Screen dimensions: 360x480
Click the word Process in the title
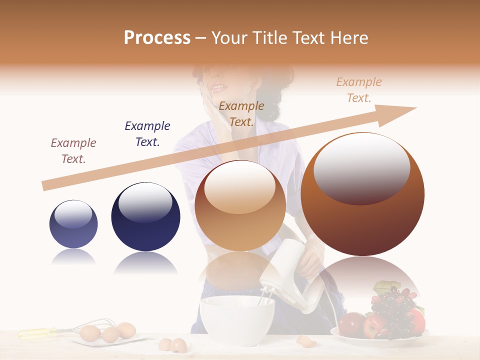pyautogui.click(x=157, y=38)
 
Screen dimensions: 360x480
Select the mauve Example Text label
pyautogui.click(x=73, y=150)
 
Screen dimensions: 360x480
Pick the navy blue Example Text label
pyautogui.click(x=147, y=133)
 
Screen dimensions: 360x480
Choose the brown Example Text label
pyautogui.click(x=241, y=113)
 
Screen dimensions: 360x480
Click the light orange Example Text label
pyautogui.click(x=358, y=90)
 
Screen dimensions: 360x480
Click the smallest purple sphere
pyautogui.click(x=73, y=223)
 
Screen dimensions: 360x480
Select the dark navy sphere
pyautogui.click(x=145, y=216)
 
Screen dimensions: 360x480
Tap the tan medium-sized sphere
pyautogui.click(x=240, y=205)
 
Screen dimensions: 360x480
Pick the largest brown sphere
pyautogui.click(x=362, y=194)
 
